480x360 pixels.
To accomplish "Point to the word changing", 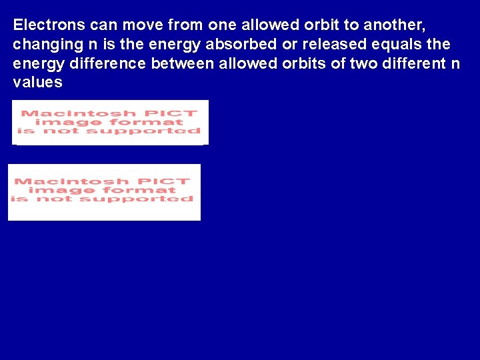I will (43, 45).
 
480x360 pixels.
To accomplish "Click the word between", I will (182, 63).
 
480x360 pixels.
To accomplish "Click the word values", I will (38, 83).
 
